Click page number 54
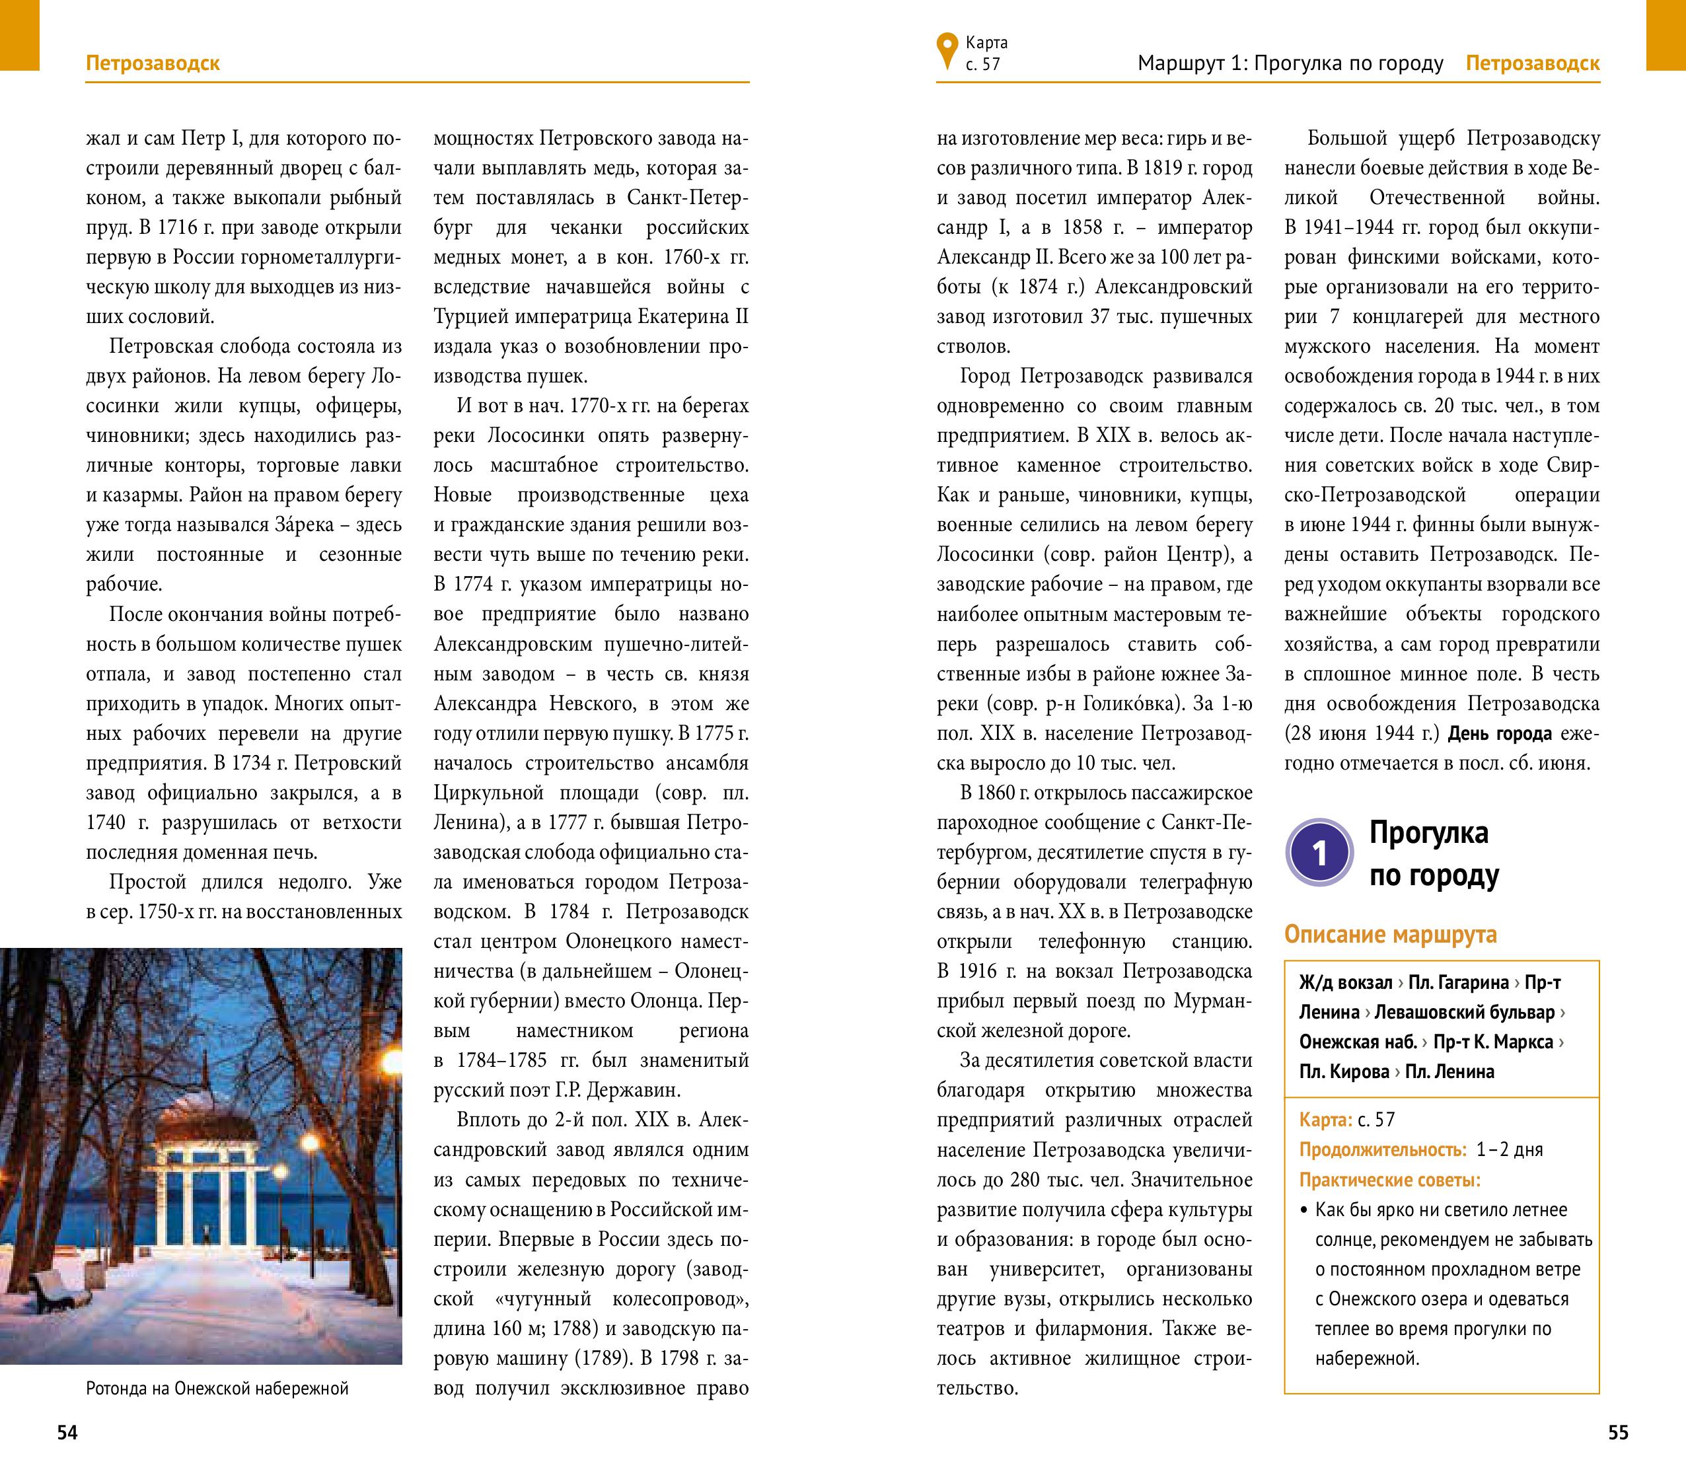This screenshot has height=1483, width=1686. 67,1433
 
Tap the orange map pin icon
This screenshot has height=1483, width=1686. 947,50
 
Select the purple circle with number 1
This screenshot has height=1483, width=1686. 1319,853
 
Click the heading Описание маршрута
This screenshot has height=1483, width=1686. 1390,935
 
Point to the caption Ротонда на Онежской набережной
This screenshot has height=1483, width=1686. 217,1388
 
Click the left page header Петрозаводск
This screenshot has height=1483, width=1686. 153,63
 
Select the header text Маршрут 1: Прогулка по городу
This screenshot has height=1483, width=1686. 1290,63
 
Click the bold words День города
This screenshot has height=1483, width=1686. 1500,733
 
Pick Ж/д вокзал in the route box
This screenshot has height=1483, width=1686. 1344,982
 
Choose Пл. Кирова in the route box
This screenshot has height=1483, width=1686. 1344,1071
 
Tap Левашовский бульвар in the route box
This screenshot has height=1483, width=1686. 1464,1012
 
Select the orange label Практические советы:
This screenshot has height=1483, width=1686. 1389,1180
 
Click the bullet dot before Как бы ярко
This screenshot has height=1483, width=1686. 1304,1211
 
